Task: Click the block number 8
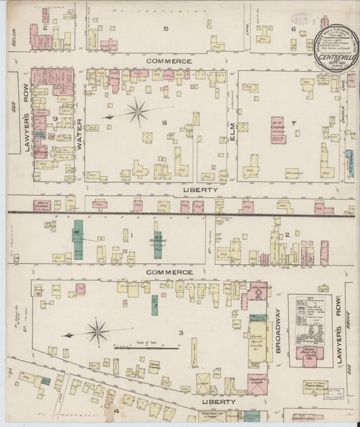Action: tap(163, 122)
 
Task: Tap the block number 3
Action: tap(180, 332)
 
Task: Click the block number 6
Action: tap(292, 28)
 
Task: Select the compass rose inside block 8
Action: tap(137, 111)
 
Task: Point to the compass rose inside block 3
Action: tap(98, 332)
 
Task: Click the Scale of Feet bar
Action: tap(145, 348)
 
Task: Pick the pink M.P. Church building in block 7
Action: tap(278, 130)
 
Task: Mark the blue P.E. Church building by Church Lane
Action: tap(349, 159)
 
